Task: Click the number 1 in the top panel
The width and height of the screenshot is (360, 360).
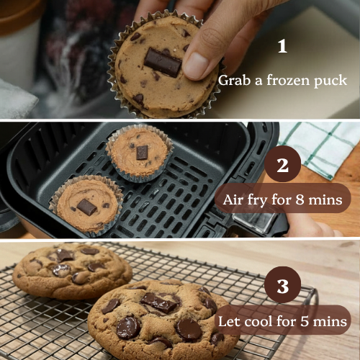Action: (282, 47)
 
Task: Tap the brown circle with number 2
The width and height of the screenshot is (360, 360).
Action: (282, 166)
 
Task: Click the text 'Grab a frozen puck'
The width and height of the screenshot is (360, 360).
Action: (282, 80)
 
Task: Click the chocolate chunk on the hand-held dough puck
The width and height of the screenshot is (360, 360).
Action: (163, 63)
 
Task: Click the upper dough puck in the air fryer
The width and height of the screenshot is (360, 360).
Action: (140, 152)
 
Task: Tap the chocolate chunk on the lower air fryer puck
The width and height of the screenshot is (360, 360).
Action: (86, 207)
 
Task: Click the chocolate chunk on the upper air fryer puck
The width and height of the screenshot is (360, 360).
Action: (142, 152)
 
